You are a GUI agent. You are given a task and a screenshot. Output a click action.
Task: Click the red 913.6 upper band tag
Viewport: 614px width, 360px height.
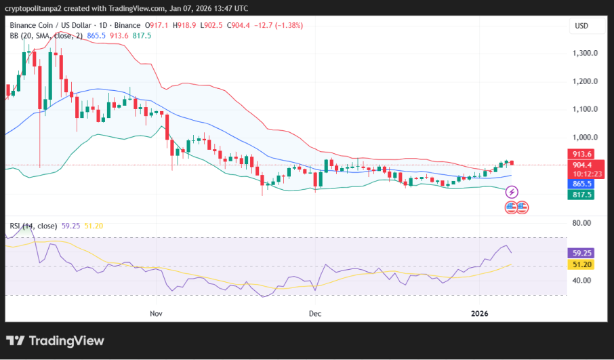click(x=581, y=154)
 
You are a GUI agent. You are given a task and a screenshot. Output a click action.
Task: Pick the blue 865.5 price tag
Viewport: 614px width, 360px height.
click(x=581, y=184)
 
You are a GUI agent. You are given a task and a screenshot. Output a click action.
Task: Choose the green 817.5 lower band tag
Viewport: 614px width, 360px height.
click(x=581, y=195)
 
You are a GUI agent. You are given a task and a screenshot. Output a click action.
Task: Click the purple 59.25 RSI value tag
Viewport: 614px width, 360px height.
click(x=581, y=253)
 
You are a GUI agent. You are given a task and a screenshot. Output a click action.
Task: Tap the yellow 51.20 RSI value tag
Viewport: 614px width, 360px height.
click(x=581, y=264)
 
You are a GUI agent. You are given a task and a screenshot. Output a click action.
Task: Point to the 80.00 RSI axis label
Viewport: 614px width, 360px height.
click(x=581, y=223)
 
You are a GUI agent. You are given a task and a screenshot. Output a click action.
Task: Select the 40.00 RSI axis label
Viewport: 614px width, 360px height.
click(x=581, y=281)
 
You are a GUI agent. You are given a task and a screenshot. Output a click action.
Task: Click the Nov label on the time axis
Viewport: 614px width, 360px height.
click(x=157, y=313)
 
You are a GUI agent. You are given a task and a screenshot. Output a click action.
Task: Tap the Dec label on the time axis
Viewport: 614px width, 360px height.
click(x=314, y=313)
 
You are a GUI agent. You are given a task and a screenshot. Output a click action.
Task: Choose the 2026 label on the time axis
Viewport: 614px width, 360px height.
click(x=479, y=313)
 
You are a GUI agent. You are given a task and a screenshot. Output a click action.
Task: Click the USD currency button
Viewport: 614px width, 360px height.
click(x=581, y=26)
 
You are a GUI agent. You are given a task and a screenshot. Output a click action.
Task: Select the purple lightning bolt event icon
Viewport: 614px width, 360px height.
click(x=512, y=193)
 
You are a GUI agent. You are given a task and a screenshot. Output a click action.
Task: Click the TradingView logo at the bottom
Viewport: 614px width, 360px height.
click(x=56, y=340)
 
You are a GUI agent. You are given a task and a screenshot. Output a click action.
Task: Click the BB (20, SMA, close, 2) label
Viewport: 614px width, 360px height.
click(x=46, y=35)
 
